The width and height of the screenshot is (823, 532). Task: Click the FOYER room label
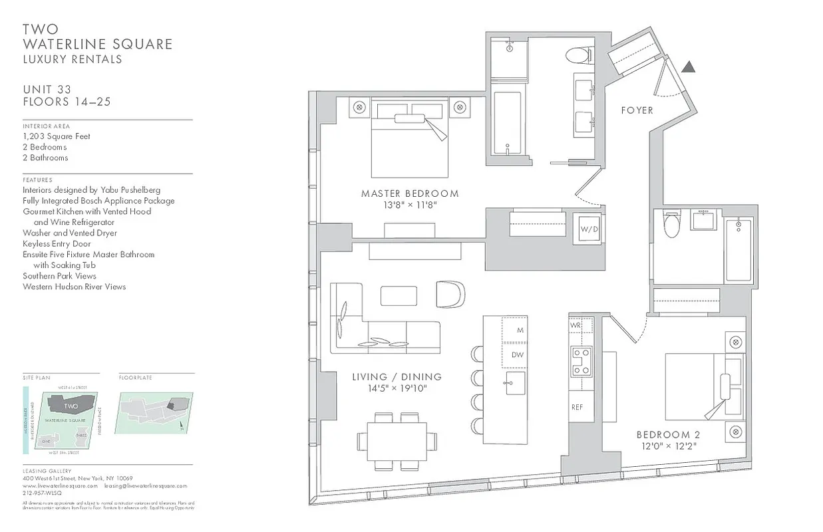click(637, 110)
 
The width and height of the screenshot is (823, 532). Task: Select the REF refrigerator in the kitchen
click(577, 407)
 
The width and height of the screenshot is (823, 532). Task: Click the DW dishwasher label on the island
click(517, 354)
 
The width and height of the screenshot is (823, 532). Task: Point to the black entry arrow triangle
click(689, 66)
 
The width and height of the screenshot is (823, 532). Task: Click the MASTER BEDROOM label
click(409, 194)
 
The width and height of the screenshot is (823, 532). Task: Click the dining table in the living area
click(397, 440)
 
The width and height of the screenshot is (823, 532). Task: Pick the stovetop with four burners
click(581, 362)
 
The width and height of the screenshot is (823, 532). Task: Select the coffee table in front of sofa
click(399, 296)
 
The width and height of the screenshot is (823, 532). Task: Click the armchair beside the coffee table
click(450, 295)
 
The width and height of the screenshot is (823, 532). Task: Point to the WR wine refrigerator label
click(576, 326)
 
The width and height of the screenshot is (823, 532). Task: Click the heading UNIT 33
click(47, 90)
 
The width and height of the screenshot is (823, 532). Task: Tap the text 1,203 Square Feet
click(56, 136)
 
